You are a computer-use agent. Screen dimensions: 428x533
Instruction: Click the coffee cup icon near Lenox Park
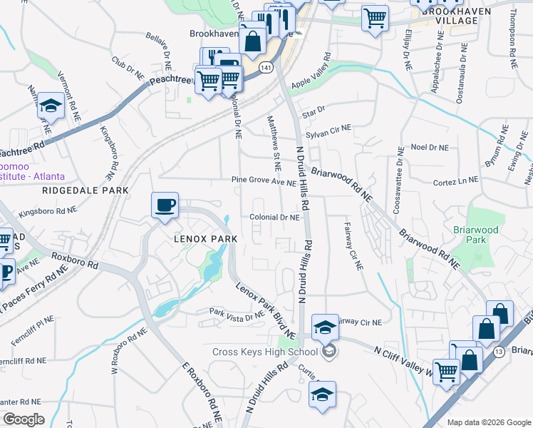tap(165, 205)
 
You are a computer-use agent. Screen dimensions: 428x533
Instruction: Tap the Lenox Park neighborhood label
tap(200, 240)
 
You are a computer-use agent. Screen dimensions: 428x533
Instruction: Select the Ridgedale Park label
tap(86, 190)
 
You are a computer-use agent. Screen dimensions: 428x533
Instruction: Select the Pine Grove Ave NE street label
tap(264, 183)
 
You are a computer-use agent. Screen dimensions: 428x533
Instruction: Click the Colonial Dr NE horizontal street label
tap(274, 218)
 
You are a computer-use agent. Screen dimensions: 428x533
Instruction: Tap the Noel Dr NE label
tap(430, 147)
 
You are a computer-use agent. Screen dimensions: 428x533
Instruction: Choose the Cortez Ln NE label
tap(455, 183)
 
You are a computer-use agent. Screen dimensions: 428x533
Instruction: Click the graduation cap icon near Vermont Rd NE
tap(51, 106)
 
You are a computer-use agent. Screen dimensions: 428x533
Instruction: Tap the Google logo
tap(24, 419)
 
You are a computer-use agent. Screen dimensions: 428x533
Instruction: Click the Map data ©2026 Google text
tap(488, 422)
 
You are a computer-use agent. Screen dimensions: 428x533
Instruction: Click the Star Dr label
tap(314, 111)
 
